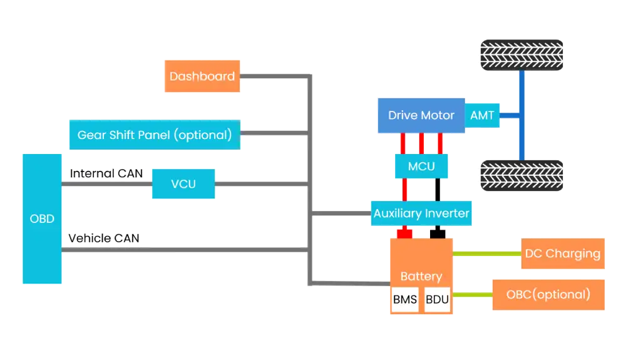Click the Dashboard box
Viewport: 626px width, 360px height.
pos(202,76)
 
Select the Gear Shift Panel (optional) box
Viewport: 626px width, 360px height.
pos(155,135)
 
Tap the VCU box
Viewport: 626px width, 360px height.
pos(183,184)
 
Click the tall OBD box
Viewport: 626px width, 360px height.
pos(42,219)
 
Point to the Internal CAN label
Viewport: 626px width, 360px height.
pos(106,173)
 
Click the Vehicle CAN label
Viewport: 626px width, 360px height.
pos(104,238)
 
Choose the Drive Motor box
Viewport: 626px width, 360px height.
pos(421,115)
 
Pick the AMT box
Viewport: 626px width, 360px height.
pos(482,115)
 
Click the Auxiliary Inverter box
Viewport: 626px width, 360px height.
pos(421,213)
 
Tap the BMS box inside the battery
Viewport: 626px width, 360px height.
pos(405,300)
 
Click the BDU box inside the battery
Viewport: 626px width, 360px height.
pos(437,300)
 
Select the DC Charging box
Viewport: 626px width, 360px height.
pos(563,254)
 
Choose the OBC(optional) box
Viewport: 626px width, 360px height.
pos(548,295)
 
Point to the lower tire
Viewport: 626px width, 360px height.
pos(522,177)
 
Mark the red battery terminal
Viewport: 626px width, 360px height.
pos(404,234)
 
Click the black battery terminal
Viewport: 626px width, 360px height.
pos(438,234)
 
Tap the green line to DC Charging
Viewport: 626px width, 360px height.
pos(488,254)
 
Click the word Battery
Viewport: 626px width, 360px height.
pos(421,276)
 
